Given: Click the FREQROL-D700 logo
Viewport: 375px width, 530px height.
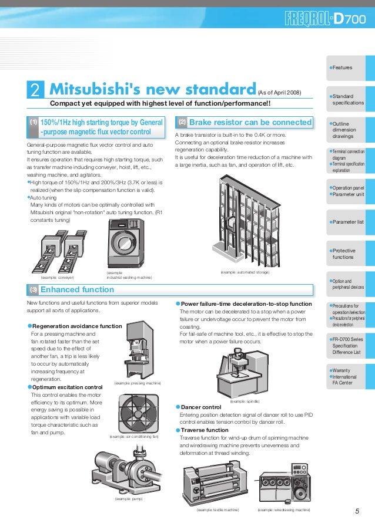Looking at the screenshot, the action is click(x=325, y=19).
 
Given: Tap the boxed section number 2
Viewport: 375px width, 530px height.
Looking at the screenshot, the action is click(x=35, y=90).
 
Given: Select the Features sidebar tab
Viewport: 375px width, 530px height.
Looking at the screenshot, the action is click(x=351, y=68).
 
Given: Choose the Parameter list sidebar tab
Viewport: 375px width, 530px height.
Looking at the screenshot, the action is click(x=351, y=222).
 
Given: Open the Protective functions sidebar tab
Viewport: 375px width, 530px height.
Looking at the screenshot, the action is click(x=351, y=254).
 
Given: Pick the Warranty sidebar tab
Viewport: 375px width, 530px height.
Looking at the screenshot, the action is click(x=351, y=377).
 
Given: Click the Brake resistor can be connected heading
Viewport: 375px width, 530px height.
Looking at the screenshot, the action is click(x=250, y=122).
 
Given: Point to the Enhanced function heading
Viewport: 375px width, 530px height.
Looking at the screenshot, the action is click(x=77, y=290).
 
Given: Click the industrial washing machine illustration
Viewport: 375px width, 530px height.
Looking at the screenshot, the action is click(x=126, y=244).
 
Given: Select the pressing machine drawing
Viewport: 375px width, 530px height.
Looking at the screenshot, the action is click(x=139, y=350).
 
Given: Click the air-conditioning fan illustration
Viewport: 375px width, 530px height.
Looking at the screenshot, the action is click(x=139, y=413).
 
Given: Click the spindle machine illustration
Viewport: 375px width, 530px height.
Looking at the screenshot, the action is click(x=242, y=373).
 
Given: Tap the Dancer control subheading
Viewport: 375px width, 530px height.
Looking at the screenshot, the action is click(x=201, y=407).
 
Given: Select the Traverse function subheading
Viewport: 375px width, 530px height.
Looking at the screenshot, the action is click(x=205, y=430).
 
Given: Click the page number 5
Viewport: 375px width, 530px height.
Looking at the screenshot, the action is click(x=357, y=511).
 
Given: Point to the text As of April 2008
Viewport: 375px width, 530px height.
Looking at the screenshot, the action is click(x=280, y=93).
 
